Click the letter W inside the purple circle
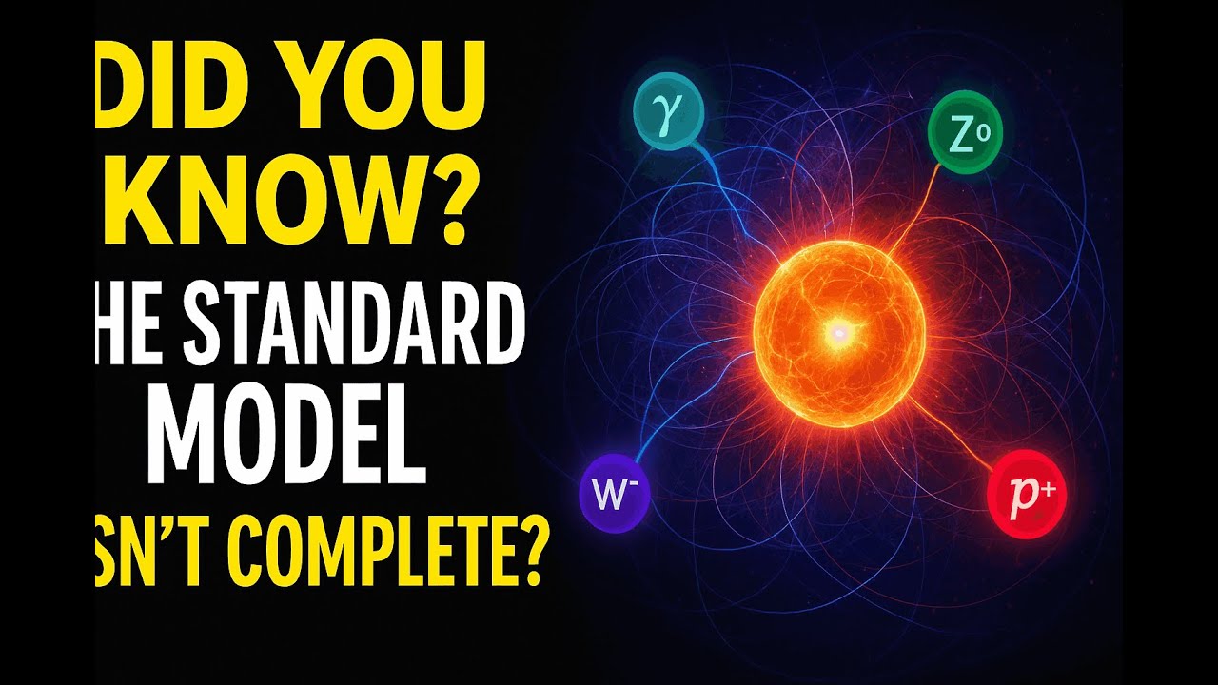tap(605, 496)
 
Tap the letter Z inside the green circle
tap(956, 136)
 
